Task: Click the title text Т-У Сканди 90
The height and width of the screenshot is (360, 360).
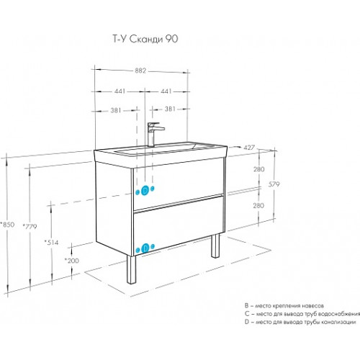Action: [x=145, y=39]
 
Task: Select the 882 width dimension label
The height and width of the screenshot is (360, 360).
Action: [x=140, y=71]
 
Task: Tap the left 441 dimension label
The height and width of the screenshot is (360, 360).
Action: [x=120, y=91]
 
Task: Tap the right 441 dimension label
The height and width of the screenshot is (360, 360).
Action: [x=166, y=91]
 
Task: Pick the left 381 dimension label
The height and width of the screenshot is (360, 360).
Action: [x=116, y=110]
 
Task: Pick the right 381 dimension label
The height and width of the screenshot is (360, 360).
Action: [x=170, y=109]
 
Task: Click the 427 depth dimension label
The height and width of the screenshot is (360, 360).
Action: [x=249, y=148]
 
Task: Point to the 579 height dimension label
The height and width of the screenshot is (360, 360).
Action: [x=274, y=184]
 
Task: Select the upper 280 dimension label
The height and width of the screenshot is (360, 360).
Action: [x=259, y=169]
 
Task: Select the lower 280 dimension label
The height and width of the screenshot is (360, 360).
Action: [x=258, y=205]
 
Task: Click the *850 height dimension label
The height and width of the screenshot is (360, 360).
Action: [x=7, y=225]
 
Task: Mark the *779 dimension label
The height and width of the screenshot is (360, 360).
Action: [x=30, y=226]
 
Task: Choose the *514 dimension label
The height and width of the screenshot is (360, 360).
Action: [x=51, y=243]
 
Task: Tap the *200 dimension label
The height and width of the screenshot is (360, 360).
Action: [x=72, y=261]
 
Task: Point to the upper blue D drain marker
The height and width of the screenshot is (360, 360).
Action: [x=145, y=191]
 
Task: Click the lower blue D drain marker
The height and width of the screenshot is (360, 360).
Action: [x=145, y=248]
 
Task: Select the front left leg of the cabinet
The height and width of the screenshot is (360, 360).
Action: [x=131, y=269]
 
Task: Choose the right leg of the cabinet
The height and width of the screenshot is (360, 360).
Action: [x=215, y=246]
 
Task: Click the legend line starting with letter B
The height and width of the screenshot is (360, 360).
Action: [x=284, y=306]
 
